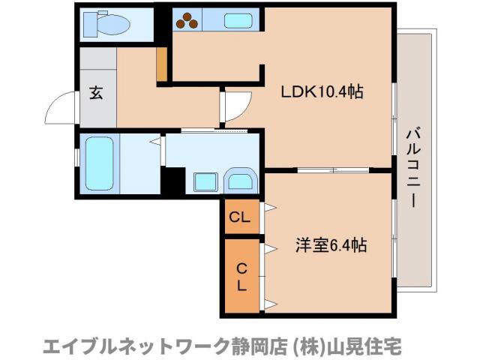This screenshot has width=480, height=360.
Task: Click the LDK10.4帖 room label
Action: pos(322,92)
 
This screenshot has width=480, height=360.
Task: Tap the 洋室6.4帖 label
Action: pos(331,244)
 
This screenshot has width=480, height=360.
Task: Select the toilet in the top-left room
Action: pos(109,25)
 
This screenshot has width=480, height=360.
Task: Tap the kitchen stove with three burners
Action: pos(188,22)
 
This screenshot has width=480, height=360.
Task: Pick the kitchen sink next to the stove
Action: pos(232,22)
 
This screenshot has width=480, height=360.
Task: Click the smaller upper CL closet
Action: pos(240,218)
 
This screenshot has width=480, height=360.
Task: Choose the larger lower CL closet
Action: pos(241,275)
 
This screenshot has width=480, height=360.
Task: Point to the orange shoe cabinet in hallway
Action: pos(161,65)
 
